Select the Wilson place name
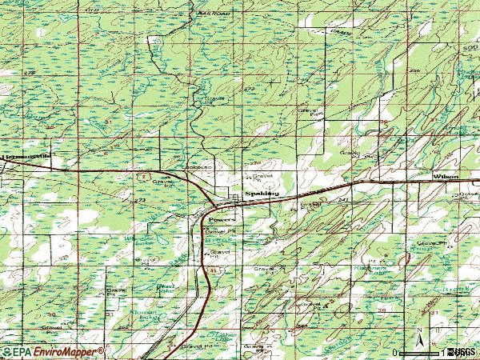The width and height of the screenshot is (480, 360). click(x=445, y=174)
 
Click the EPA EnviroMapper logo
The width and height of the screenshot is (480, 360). click(x=53, y=352)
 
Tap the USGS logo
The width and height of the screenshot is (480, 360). click(x=462, y=352)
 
